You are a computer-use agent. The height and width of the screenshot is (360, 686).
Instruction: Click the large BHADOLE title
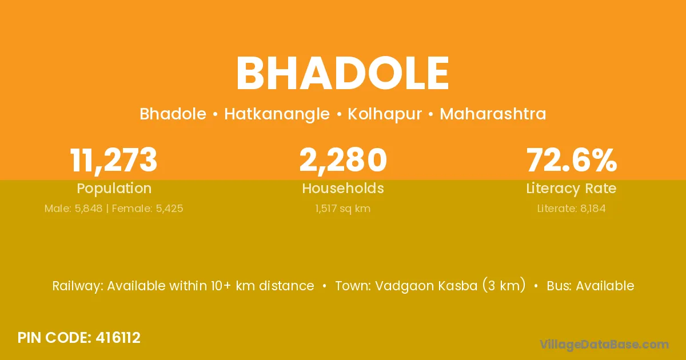pos(342,74)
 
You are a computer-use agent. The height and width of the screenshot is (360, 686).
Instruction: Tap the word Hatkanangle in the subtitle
pos(277,114)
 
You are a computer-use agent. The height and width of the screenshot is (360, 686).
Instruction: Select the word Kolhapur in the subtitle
pos(385,114)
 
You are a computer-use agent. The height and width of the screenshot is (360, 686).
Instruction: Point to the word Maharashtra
pos(493,114)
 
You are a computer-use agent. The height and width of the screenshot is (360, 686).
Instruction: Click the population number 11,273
pos(114,161)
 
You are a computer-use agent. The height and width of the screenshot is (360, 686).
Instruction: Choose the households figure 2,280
pos(343,161)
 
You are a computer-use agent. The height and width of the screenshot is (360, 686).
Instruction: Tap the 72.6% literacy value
pos(572,160)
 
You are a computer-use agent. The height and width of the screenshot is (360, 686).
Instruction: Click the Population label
pos(114,189)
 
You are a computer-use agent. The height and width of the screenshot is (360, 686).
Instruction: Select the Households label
pos(343,188)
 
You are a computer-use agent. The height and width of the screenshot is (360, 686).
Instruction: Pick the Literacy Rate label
pos(571,189)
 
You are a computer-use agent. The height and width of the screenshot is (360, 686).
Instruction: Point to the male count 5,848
pos(89,209)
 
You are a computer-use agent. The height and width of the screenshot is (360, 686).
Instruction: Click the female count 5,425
pos(169,209)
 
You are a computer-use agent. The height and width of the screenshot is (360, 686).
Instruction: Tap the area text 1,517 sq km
pos(342,209)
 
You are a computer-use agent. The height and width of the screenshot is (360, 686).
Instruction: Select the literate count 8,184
pos(593,209)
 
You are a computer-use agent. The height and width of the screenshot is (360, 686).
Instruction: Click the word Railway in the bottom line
pos(78,286)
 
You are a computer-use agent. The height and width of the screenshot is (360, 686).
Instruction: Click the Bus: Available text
pos(590,286)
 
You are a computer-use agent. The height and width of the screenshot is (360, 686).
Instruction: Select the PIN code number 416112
pos(118,338)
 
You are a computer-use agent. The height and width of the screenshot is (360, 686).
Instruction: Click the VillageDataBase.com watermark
pos(604,345)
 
